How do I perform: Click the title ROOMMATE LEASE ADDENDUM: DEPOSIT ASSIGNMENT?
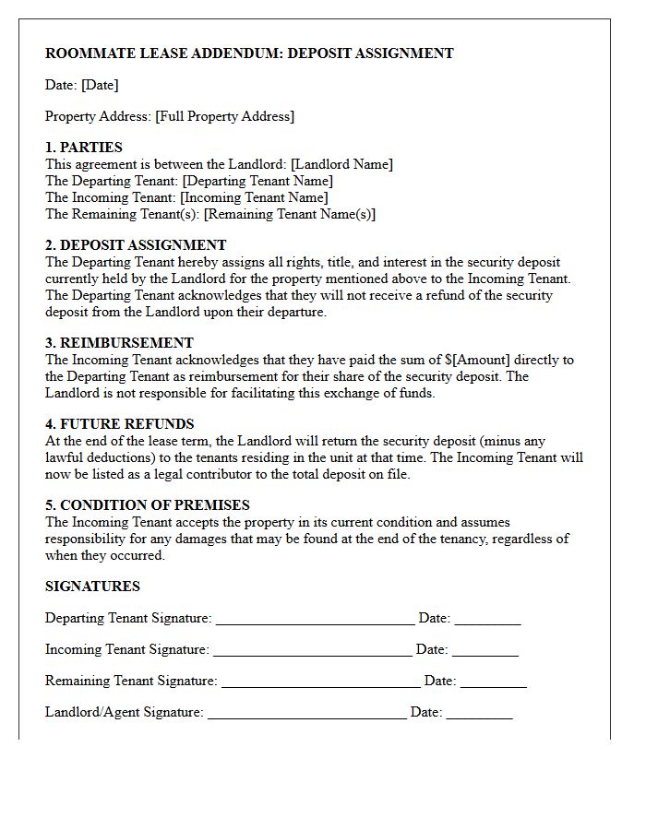tap(249, 53)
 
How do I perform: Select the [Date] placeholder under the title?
tap(100, 85)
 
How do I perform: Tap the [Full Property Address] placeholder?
tap(224, 116)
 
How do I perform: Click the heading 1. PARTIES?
tap(84, 148)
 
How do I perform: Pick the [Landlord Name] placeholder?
tap(341, 164)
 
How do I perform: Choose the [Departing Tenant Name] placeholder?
tap(257, 181)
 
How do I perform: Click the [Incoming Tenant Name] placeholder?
tap(254, 197)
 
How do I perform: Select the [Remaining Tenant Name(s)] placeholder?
tap(289, 214)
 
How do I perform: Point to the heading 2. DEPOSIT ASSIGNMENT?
tap(136, 245)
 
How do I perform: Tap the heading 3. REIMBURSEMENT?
tap(119, 343)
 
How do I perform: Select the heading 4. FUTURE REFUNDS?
tap(120, 424)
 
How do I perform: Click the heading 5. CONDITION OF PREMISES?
tap(148, 505)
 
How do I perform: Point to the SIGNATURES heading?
tap(92, 587)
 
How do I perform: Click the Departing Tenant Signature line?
tap(315, 620)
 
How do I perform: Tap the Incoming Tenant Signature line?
tap(312, 651)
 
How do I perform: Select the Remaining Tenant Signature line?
tap(320, 682)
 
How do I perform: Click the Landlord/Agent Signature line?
tap(306, 714)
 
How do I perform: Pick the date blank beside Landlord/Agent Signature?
tap(479, 714)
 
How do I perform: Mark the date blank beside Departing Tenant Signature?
tap(487, 620)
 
